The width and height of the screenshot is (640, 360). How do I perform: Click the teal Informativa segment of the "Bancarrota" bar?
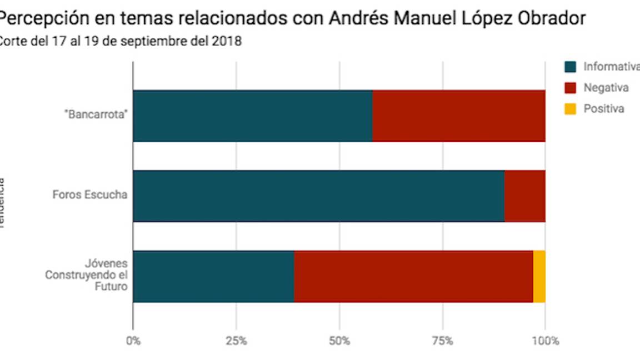click(x=253, y=116)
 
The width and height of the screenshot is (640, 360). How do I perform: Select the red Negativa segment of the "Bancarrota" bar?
click(x=458, y=116)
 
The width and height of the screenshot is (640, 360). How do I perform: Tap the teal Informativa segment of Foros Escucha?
click(x=318, y=196)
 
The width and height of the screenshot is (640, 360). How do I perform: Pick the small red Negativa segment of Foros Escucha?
click(x=524, y=196)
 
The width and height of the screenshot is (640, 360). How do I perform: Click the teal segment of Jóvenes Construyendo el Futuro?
click(x=213, y=276)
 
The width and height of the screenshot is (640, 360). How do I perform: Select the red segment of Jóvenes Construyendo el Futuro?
click(x=413, y=276)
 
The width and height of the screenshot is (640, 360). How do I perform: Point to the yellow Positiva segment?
click(x=539, y=276)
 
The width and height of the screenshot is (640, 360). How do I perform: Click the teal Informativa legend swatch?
click(x=571, y=67)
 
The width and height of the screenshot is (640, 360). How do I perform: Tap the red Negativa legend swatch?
click(x=571, y=88)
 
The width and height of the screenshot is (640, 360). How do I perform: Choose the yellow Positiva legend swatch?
click(x=571, y=109)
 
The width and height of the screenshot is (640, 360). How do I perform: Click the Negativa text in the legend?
click(x=606, y=88)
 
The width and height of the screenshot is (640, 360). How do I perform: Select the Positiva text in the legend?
click(x=603, y=109)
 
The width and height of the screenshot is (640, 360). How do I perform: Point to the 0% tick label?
click(x=133, y=341)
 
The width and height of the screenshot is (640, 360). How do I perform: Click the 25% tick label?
click(x=236, y=341)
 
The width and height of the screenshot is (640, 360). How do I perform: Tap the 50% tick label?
click(x=339, y=341)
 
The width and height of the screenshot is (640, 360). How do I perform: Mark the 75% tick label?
click(x=443, y=341)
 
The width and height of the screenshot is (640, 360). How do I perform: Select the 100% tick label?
click(x=546, y=341)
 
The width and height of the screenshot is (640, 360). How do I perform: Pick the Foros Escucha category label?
click(x=90, y=196)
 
